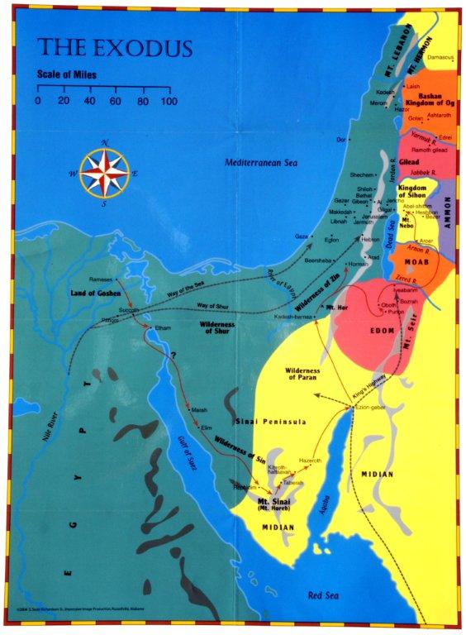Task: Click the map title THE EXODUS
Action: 115,47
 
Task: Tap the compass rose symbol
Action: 104,171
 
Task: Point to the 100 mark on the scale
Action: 168,101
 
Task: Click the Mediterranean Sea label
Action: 261,163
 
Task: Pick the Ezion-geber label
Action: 371,408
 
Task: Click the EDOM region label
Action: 383,332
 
